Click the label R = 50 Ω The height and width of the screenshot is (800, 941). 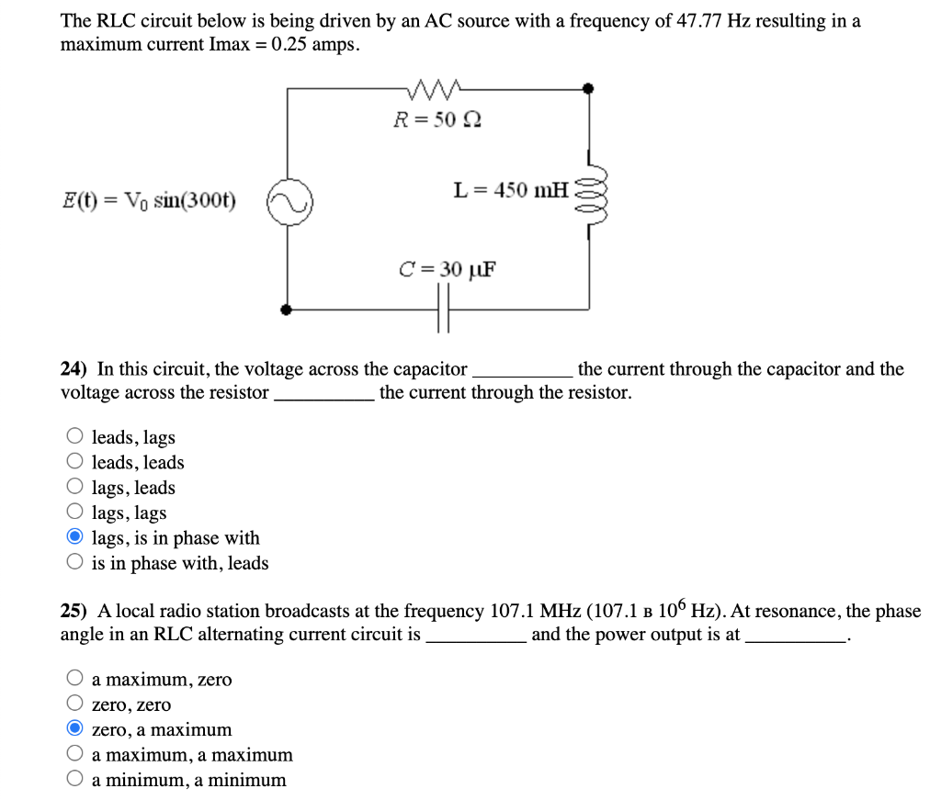tap(437, 119)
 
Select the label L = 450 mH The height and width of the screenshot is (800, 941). tap(511, 190)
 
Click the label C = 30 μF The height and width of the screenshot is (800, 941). tap(447, 269)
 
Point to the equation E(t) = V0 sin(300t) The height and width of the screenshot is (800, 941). tap(148, 200)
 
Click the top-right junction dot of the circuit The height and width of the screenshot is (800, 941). tap(589, 89)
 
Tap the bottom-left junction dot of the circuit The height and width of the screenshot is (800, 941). tap(287, 310)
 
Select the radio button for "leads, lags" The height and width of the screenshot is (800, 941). tap(75, 437)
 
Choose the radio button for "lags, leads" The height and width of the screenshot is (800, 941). tap(75, 488)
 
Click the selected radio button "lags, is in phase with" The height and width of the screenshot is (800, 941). tap(75, 537)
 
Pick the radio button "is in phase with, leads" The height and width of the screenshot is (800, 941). tap(75, 562)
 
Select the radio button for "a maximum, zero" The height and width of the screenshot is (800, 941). tap(75, 679)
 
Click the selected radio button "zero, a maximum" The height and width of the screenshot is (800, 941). tap(75, 729)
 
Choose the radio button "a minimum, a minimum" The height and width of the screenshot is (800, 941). tap(75, 780)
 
